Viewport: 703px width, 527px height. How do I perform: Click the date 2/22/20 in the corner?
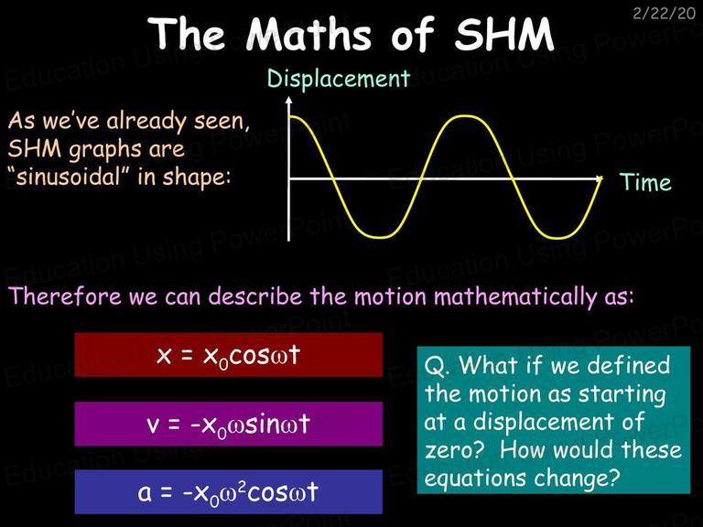click(664, 13)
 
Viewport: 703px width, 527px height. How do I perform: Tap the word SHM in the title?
click(504, 34)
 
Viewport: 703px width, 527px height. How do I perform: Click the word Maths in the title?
click(308, 34)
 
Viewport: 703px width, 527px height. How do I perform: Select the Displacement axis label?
click(339, 79)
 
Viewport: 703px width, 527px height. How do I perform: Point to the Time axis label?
click(645, 182)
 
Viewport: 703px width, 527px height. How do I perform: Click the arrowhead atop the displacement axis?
click(288, 100)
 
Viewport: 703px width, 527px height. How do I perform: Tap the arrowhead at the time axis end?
click(599, 178)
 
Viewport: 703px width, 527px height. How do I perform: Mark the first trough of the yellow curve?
click(379, 237)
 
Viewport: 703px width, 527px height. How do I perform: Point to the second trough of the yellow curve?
click(555, 237)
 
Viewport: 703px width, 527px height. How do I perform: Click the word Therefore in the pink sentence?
click(66, 296)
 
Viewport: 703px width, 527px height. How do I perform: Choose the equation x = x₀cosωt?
click(228, 356)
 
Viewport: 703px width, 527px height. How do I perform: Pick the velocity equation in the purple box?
click(228, 425)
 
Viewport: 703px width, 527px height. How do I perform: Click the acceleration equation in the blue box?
click(228, 492)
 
